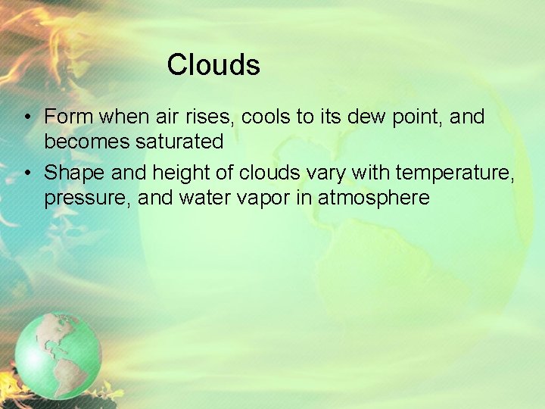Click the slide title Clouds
point(213,65)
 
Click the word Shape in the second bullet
point(74,173)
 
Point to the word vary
point(325,173)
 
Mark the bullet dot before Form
point(26,118)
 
